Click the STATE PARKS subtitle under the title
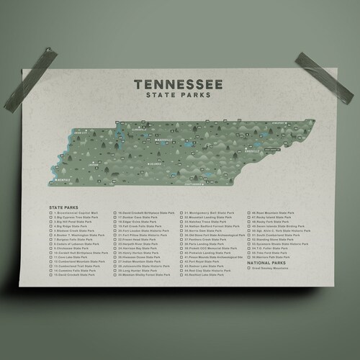180,99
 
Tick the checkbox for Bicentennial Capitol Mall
51,213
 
